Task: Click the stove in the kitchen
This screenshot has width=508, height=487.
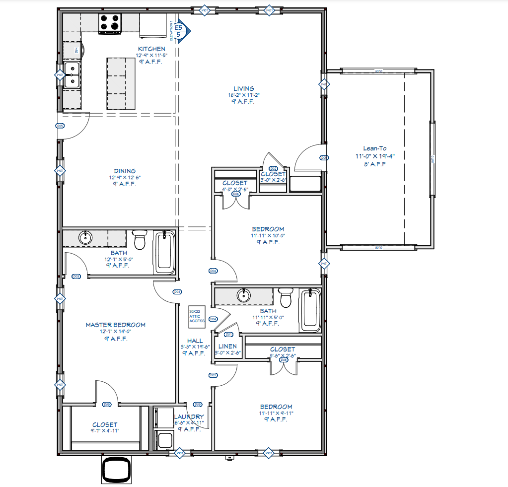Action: tap(110, 23)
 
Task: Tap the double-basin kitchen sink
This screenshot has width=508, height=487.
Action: tap(73, 75)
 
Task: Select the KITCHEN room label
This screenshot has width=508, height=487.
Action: tap(151, 49)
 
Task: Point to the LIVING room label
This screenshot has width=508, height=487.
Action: tap(244, 89)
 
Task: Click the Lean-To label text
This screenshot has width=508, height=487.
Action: tap(375, 148)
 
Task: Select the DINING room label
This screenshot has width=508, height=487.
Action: tap(124, 171)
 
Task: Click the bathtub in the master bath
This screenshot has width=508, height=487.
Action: tap(165, 252)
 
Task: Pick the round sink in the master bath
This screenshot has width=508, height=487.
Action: tap(86, 238)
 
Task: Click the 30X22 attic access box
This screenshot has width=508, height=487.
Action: tap(197, 316)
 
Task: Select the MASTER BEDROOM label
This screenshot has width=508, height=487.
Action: tap(116, 325)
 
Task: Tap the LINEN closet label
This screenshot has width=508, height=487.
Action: tap(228, 346)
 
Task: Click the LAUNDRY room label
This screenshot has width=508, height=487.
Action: tap(189, 417)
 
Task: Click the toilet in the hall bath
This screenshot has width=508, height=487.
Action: tap(286, 298)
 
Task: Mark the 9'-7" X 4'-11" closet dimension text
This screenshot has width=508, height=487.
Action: tap(105, 431)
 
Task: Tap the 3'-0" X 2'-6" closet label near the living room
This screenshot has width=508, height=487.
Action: tap(273, 180)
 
